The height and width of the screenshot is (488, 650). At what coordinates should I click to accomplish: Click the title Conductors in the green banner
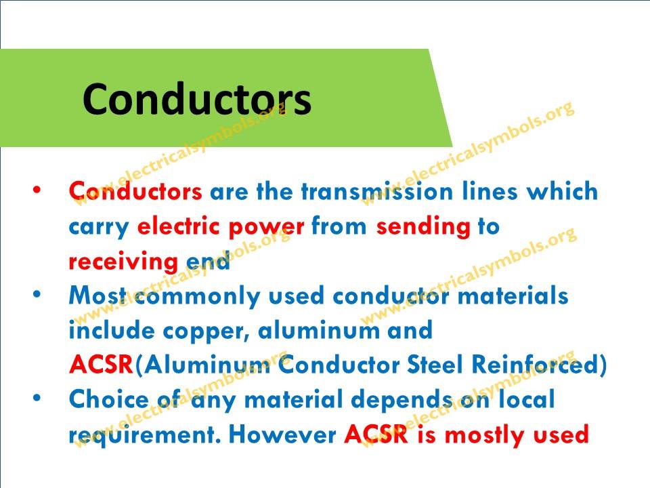(196, 99)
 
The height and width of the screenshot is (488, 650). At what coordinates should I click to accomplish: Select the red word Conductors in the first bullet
(135, 191)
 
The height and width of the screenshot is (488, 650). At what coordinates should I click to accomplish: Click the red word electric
(177, 226)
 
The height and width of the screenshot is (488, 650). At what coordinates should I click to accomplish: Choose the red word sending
(423, 228)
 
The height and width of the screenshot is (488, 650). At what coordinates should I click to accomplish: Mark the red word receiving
(123, 263)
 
